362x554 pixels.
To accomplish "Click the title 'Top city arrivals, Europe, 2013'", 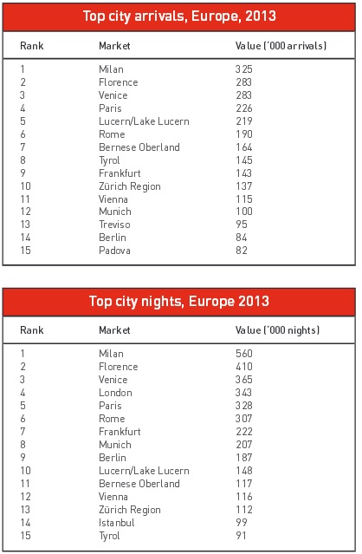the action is [179, 16].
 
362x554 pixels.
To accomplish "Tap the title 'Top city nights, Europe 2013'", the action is [179, 302].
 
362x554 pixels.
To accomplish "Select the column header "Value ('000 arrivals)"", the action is [281, 46].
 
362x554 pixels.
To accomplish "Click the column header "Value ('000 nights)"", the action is [277, 330].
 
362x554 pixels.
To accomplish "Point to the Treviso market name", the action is [114, 225].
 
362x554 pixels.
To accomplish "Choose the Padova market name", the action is [114, 251].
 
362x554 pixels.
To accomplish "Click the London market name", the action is [115, 393].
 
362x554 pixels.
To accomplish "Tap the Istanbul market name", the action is [117, 523].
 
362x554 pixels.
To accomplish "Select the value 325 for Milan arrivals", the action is [244, 68].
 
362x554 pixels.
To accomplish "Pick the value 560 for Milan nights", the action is [244, 354].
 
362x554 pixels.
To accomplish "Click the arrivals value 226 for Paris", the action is [244, 108].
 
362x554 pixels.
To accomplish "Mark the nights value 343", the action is [244, 393].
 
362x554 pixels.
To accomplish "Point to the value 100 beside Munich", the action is [244, 212].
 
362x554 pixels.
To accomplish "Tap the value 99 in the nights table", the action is [242, 523].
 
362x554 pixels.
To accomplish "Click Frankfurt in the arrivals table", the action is [120, 173].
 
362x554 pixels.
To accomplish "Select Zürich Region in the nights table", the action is [130, 510].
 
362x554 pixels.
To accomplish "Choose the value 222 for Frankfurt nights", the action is [244, 432].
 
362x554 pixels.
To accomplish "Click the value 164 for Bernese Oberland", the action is [244, 147].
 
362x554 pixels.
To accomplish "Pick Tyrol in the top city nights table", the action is [109, 536].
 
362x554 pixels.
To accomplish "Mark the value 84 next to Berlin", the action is [242, 238].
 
